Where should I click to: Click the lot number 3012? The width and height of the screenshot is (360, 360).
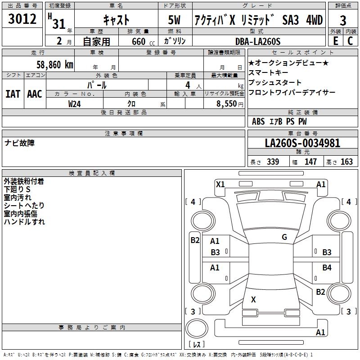pos(22,20)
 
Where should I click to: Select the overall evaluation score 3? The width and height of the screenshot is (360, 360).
pos(343,20)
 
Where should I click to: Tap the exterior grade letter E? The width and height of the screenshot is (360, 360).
pos(335,41)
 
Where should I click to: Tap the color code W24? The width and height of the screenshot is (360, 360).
pos(75,103)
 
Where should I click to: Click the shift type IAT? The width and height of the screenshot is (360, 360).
pos(13,94)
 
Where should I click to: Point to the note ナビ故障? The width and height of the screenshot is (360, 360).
pos(19,143)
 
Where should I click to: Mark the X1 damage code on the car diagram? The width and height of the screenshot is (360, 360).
pos(220,184)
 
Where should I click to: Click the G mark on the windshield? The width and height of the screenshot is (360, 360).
pos(284,237)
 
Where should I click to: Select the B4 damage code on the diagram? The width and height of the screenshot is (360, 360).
pos(327,268)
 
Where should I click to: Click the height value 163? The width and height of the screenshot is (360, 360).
pos(346,162)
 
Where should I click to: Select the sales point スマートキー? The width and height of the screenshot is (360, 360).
pos(269,72)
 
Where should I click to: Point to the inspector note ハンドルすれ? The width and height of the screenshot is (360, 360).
pos(24,221)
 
